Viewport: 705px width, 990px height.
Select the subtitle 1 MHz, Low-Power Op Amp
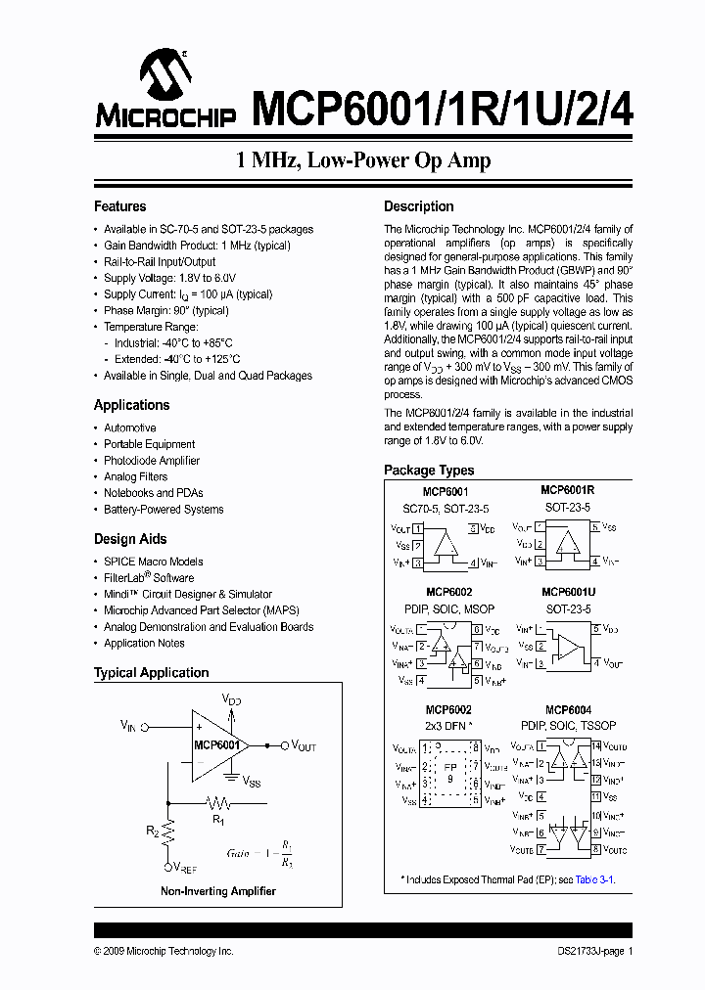pos(363,160)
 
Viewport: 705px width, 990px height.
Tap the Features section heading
pos(119,206)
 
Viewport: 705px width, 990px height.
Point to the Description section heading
pos(418,206)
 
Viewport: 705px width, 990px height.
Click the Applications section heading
pos(131,405)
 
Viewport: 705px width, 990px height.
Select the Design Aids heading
pos(129,539)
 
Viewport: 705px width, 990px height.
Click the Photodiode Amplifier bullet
pos(152,461)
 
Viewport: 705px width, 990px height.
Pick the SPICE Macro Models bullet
pos(154,562)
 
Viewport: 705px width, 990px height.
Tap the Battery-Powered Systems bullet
pos(164,510)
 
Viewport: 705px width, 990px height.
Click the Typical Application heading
pos(151,673)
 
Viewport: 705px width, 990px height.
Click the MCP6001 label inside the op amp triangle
pos(216,744)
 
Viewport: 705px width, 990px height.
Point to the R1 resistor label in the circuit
pos(218,820)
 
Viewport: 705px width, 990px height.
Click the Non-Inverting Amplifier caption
pos(218,891)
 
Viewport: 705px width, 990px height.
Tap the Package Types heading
pos(429,471)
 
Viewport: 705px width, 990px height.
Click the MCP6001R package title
pos(568,490)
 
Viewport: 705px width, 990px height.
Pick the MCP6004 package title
pos(568,710)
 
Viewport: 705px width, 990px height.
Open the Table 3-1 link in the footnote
pos(594,879)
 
